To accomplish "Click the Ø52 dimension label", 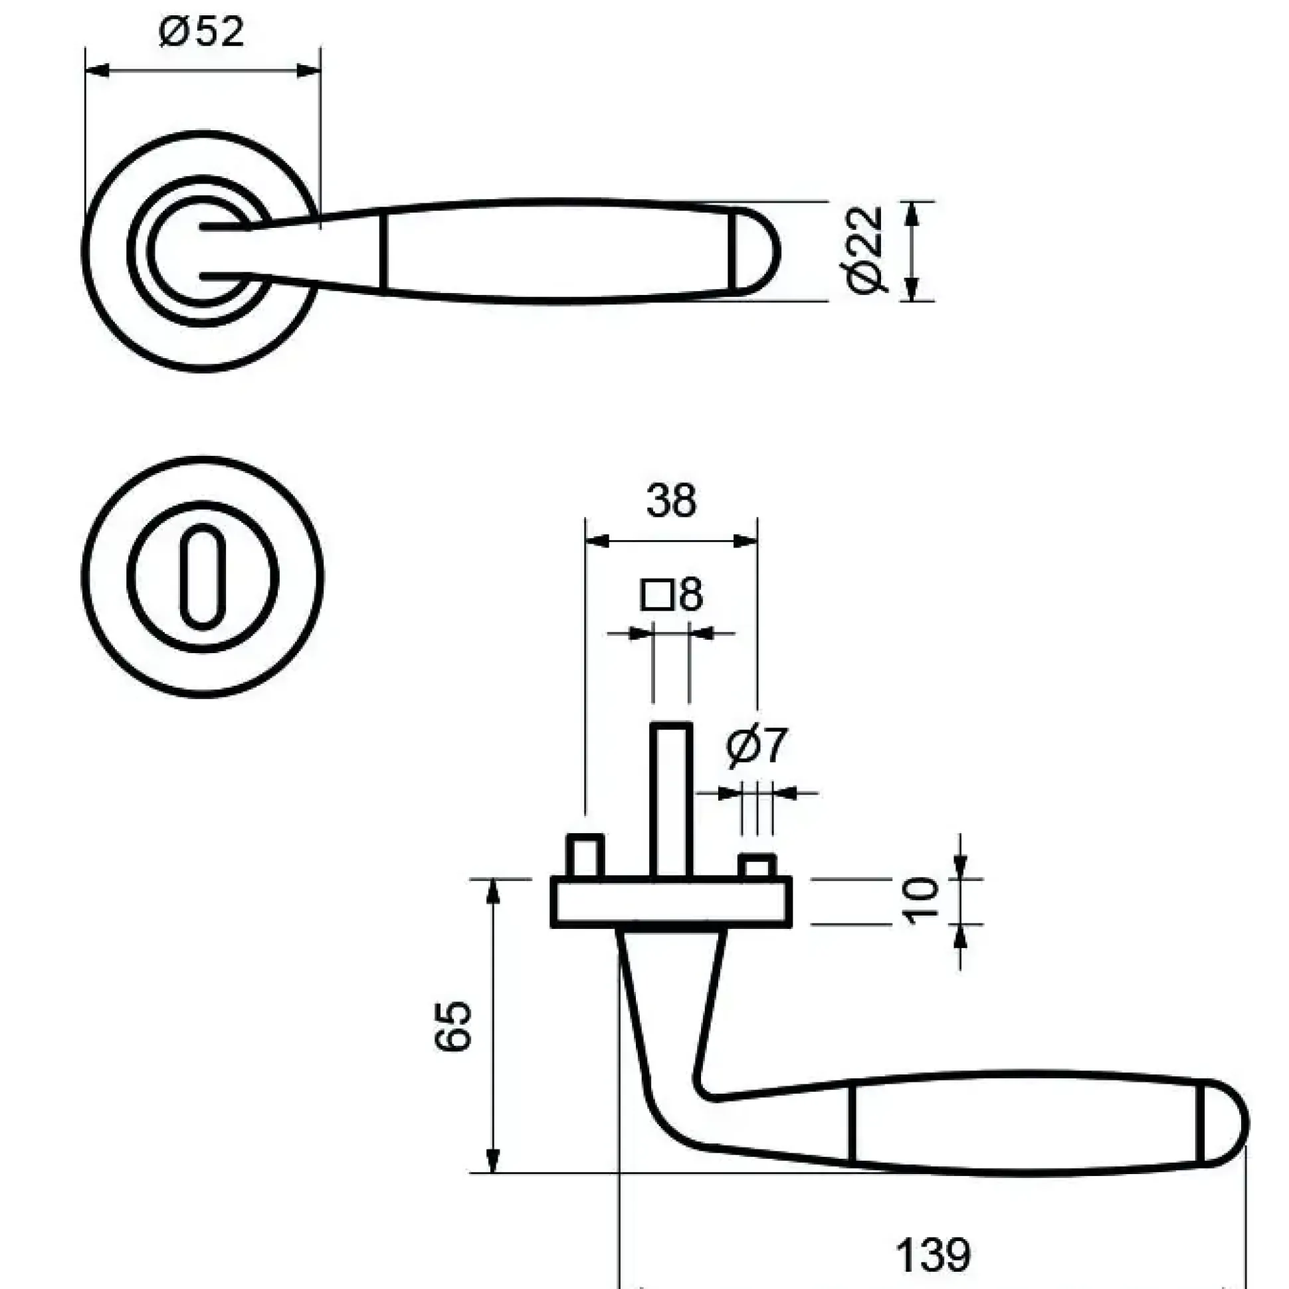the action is point(201,31).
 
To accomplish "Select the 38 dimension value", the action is point(671,501).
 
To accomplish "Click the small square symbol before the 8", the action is point(656,595).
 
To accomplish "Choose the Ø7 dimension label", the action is point(757,746).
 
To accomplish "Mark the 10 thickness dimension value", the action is point(923,902).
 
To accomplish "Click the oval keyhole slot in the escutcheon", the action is point(202,577).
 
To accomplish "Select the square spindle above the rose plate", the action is point(670,800).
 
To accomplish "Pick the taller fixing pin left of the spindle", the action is point(585,856).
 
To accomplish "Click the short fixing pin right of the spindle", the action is point(757,865).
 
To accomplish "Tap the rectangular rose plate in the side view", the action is point(671,902).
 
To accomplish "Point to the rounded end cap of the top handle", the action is point(757,251).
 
